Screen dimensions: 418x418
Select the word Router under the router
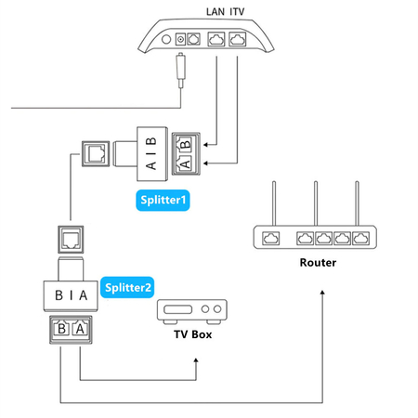click(318, 262)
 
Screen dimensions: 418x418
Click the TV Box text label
click(193, 332)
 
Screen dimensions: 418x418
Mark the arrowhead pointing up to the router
click(321, 293)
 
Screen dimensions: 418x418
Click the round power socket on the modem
click(179, 40)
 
